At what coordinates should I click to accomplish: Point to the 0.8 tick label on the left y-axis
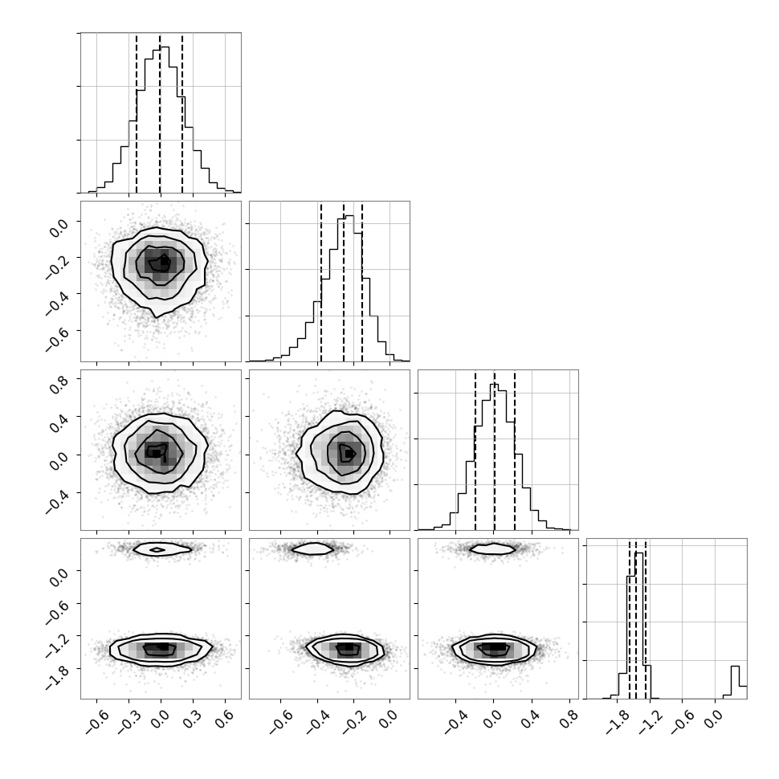point(58,384)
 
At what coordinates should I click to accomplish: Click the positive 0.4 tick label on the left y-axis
point(58,422)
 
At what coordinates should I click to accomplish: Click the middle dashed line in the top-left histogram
point(160,114)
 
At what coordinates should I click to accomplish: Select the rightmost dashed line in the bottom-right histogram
point(646,620)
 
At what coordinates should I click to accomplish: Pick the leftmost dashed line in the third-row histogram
point(475,451)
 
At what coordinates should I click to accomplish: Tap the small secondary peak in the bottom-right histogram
point(736,682)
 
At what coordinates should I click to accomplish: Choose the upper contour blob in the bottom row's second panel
point(312,549)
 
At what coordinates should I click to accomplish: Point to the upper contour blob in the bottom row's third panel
point(493,549)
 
